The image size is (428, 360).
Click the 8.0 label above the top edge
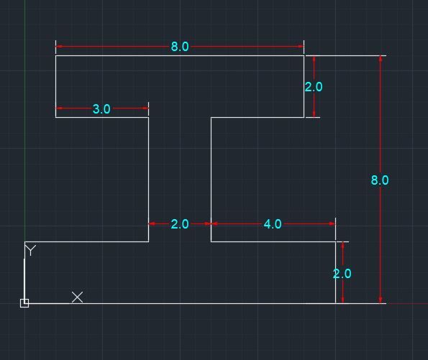click(x=180, y=47)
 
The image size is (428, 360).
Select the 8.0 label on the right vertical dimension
click(x=380, y=180)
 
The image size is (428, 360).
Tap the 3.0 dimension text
click(x=101, y=109)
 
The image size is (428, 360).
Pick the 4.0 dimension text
click(x=273, y=224)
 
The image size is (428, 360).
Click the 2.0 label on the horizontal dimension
click(x=180, y=224)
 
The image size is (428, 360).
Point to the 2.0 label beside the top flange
click(x=314, y=87)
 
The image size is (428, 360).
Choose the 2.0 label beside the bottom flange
click(x=342, y=274)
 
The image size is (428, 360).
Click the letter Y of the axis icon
click(x=30, y=250)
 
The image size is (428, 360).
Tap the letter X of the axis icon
click(x=77, y=297)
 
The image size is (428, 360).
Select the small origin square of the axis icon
click(x=24, y=303)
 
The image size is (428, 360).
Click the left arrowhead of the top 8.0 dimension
click(x=59, y=47)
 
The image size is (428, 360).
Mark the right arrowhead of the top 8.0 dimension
click(x=301, y=47)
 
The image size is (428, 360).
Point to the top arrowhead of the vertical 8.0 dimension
click(x=381, y=59)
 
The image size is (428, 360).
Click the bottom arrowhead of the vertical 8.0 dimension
click(x=381, y=300)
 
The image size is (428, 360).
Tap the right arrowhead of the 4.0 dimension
click(x=332, y=223)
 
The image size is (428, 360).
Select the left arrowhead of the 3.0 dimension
click(x=59, y=109)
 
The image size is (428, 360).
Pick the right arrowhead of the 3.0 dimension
click(x=145, y=109)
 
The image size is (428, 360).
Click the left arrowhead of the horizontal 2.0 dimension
click(x=152, y=223)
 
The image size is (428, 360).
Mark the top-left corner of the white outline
click(x=55, y=55)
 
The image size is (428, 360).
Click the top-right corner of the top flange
click(x=304, y=55)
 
